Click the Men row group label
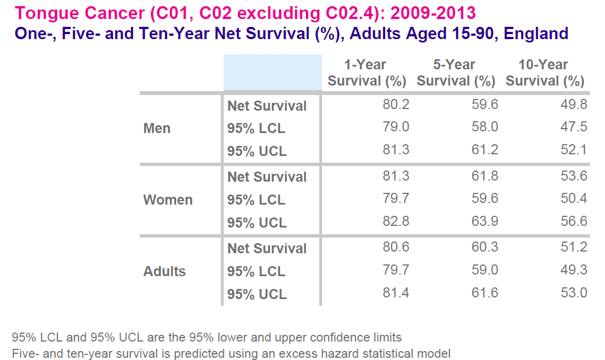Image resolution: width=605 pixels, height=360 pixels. tap(157, 129)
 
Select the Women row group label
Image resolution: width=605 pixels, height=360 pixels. tap(168, 200)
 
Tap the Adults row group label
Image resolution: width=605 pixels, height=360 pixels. tap(164, 272)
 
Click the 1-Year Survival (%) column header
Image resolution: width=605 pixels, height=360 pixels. tap(366, 73)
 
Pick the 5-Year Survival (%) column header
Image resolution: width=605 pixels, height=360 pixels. tap(456, 73)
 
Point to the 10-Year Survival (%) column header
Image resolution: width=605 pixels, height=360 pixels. tap(545, 73)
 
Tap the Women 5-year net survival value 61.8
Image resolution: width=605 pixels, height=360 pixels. tap(485, 176)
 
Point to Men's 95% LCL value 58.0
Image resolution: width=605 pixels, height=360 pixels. tap(485, 127)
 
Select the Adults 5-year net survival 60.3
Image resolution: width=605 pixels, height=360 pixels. tap(485, 248)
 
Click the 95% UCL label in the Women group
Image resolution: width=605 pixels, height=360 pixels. tap(257, 223)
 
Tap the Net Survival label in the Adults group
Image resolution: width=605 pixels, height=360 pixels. tap(267, 249)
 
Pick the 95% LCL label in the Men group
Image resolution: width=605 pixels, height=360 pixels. tap(256, 129)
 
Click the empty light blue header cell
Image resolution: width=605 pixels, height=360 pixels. tap(272, 73)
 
